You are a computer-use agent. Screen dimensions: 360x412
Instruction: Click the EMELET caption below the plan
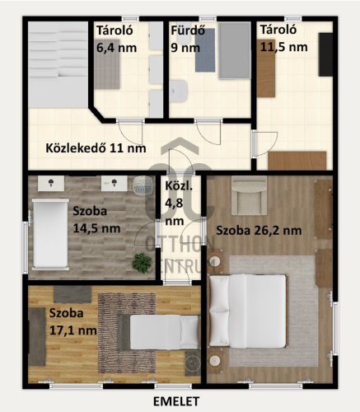tap(176, 401)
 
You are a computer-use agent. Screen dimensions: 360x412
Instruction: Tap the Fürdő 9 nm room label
tap(188, 40)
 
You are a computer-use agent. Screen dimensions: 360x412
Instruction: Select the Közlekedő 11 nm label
tap(96, 148)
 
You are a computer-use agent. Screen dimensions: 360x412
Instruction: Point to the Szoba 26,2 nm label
tap(259, 231)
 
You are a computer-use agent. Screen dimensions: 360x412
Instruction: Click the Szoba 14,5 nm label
tap(96, 220)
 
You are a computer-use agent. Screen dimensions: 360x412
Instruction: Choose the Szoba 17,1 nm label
tap(72, 321)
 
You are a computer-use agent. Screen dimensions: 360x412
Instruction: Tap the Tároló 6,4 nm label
tap(116, 40)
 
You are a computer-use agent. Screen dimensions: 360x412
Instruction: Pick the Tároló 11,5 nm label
tap(283, 39)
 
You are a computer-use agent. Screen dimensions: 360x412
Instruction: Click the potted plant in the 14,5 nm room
tap(142, 263)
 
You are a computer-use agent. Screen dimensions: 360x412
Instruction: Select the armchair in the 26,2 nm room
tap(249, 195)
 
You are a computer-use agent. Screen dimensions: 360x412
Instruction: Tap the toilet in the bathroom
tap(178, 91)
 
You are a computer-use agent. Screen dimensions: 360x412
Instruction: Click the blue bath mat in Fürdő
tap(205, 50)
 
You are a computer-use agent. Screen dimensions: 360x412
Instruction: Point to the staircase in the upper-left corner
tap(58, 64)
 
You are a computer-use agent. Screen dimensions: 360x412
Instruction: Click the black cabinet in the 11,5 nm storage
tap(325, 54)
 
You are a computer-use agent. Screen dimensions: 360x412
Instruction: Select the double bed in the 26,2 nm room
tap(248, 311)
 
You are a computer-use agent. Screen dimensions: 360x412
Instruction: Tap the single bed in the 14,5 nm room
tap(50, 233)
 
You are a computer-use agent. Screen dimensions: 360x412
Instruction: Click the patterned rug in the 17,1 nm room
tap(127, 333)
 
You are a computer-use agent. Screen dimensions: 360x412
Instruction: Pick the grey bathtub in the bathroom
tap(235, 51)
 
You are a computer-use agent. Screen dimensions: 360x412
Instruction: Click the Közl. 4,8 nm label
tap(179, 204)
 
